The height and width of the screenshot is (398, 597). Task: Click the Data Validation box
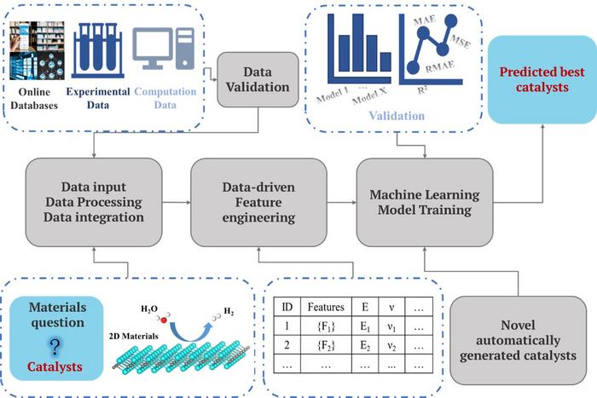click(x=258, y=79)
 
